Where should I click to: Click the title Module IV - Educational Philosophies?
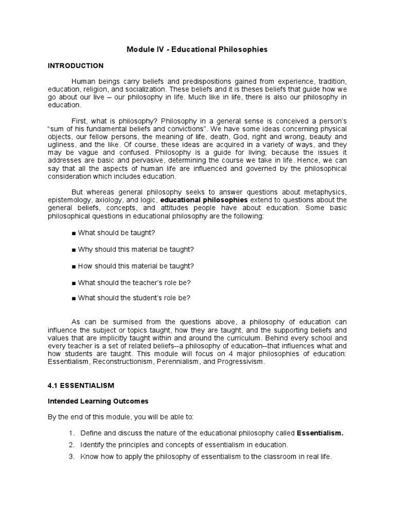click(197, 50)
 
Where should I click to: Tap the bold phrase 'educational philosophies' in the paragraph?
click(204, 200)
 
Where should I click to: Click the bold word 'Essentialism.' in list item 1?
click(320, 433)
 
